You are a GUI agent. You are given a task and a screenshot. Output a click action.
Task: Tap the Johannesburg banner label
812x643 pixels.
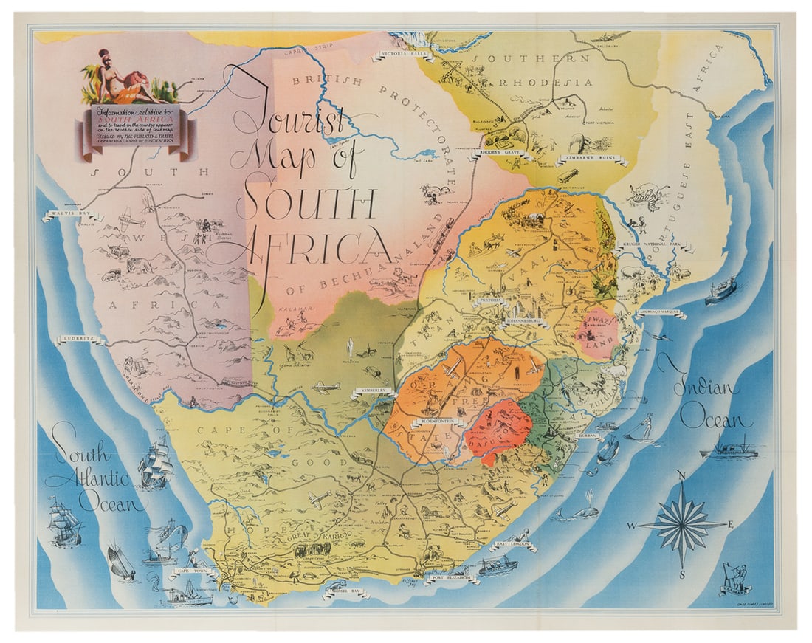tap(525, 323)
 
